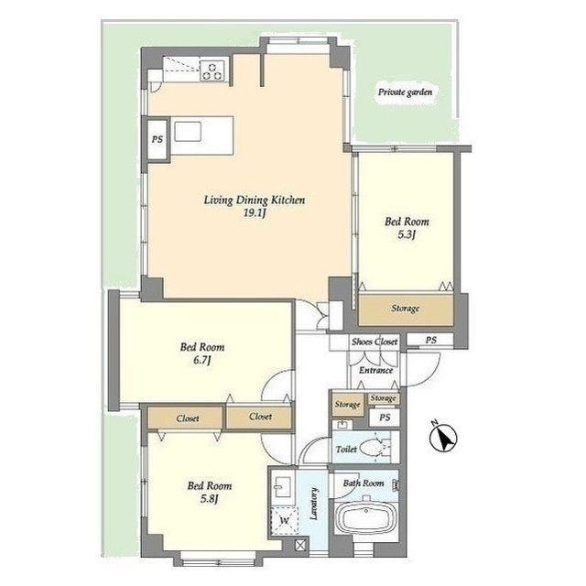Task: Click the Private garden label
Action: coord(405,92)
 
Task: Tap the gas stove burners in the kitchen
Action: coord(212,71)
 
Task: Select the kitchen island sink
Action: coord(188,132)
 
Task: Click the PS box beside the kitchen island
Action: coord(157,139)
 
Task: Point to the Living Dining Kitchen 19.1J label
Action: coord(255,206)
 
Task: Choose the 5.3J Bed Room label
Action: coord(407,228)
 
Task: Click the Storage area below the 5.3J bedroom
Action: coord(406,309)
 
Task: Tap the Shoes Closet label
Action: coord(374,342)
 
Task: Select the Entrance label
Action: coord(375,370)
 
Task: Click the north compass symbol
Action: coord(443,438)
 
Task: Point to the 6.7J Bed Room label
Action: coord(202,353)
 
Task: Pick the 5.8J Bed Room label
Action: coord(210,493)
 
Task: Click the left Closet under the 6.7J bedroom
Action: coord(186,418)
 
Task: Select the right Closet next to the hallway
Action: coord(259,417)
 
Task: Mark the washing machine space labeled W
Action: coord(285,521)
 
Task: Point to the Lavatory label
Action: coord(314,504)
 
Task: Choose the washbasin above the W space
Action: coord(282,487)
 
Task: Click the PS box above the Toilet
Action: coord(385,418)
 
